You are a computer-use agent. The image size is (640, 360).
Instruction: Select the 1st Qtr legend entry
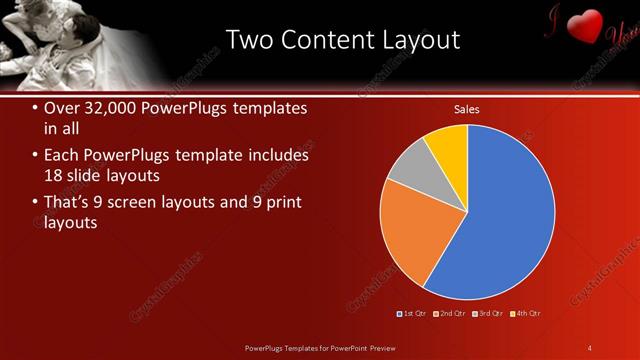coord(413,314)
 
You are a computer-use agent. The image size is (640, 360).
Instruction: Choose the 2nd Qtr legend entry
coord(451,314)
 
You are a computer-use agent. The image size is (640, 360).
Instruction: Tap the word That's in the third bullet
coord(69,202)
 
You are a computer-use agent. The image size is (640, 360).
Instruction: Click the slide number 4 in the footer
coord(590,347)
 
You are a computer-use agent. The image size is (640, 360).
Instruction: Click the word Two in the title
coord(250,40)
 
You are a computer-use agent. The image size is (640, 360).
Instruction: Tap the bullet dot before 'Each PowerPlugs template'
coord(36,156)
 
